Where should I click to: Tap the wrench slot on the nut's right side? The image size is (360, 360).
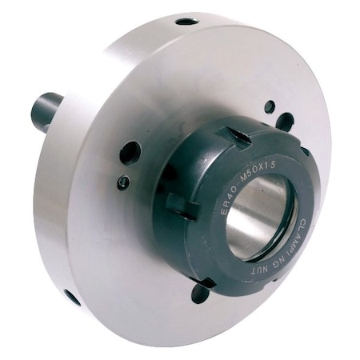coord(305,151)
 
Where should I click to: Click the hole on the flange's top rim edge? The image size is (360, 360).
coord(186,22)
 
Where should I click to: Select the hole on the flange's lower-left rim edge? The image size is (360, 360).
coord(72,298)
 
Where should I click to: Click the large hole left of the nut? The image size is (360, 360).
coord(130,152)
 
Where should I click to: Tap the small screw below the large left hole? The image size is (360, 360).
coord(123,182)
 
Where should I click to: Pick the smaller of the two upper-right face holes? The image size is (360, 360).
coord(270,106)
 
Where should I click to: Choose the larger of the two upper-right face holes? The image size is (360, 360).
coord(285,122)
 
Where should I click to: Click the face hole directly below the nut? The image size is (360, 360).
coord(201,294)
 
